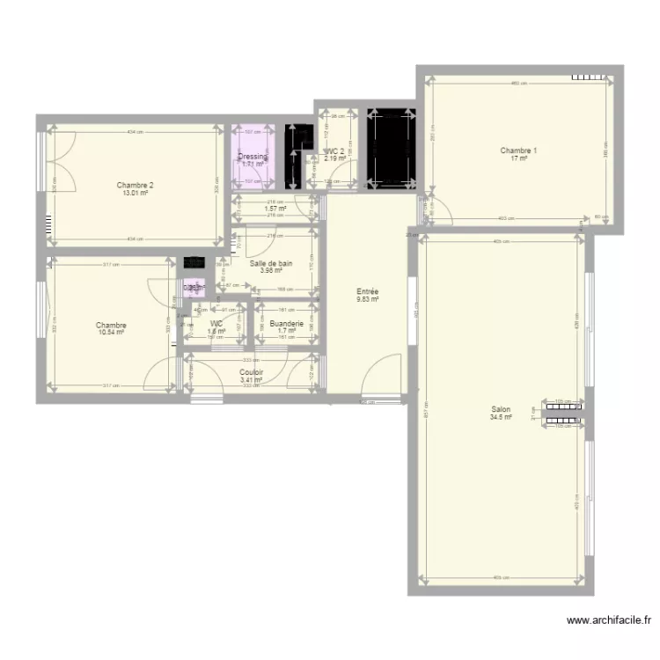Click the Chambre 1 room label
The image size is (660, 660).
pos(518,150)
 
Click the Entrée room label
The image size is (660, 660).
pos(368,291)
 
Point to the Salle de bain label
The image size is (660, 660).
pos(271,263)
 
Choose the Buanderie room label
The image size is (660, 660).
pos(287,324)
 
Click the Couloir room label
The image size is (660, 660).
pos(252,372)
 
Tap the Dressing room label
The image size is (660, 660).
pos(253,157)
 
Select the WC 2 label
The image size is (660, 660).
pos(336,151)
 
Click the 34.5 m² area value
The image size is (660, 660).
pos(501,417)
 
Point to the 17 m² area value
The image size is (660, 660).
pos(518,159)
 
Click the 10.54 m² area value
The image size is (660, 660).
pos(111,333)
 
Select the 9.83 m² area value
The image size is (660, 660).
pos(368,299)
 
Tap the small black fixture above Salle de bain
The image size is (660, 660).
pos(192,262)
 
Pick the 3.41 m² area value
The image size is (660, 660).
pos(252,380)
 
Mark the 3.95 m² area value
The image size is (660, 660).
pos(271,271)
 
